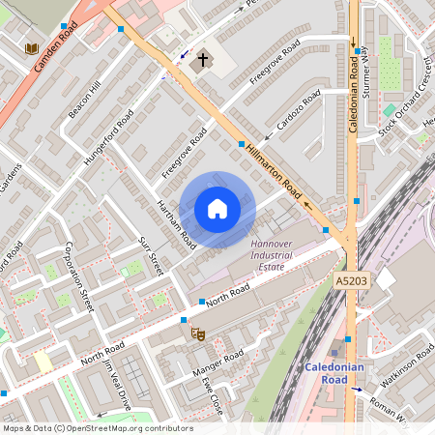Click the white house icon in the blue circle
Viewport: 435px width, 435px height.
point(217,209)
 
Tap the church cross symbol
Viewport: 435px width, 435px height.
point(203,61)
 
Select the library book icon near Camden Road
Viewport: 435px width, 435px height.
point(32,48)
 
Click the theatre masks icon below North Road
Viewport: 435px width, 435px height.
point(197,333)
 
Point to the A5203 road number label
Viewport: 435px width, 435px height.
point(353,280)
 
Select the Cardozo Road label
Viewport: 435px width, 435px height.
point(298,111)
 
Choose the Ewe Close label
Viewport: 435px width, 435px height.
point(212,394)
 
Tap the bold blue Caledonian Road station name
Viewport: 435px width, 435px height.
point(333,373)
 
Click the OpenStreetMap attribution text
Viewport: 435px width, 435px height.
point(97,427)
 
